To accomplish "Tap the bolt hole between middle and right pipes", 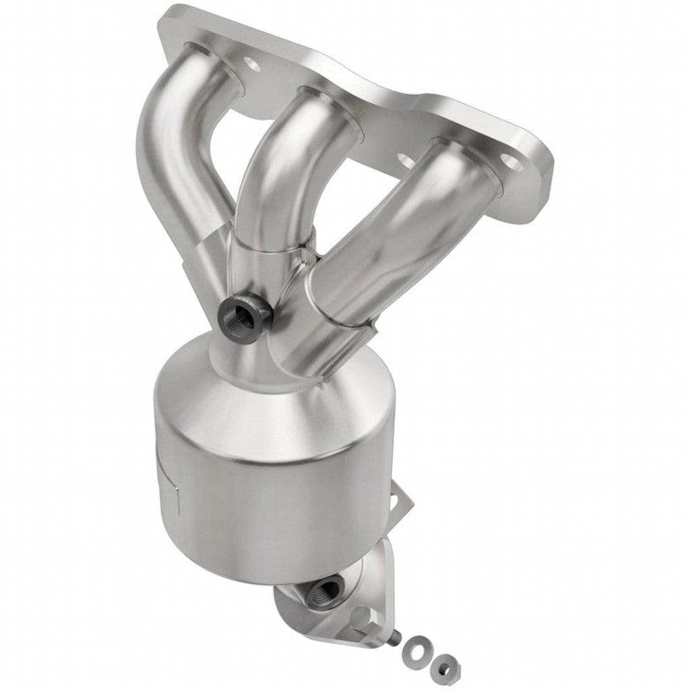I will (405, 160).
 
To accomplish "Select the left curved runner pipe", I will (172, 155).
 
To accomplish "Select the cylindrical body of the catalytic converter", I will (270, 499).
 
